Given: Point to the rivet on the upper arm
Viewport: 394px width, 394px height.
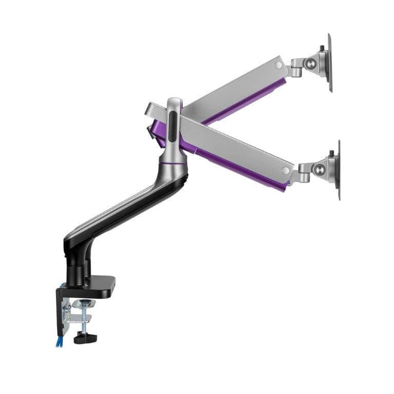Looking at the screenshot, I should point(279,65).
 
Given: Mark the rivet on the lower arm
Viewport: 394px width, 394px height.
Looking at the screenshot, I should point(285,171).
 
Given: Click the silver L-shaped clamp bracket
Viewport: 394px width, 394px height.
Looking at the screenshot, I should point(66,313).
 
